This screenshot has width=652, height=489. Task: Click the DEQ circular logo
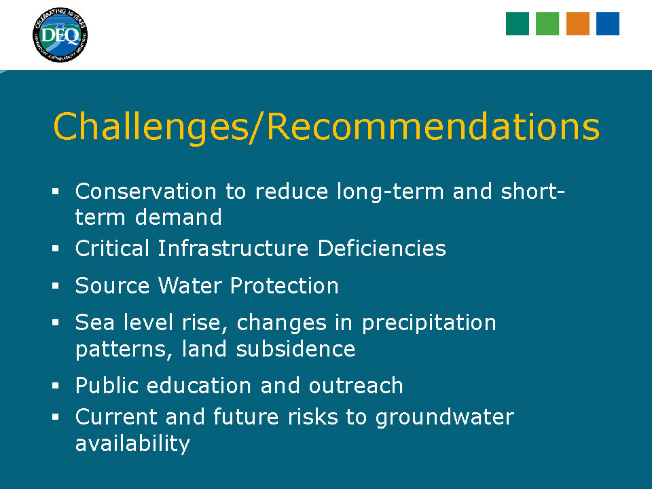pos(60,35)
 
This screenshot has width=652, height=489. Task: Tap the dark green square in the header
pos(518,24)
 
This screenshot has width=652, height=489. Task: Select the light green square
pos(547,24)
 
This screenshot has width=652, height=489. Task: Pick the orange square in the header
pos(577,24)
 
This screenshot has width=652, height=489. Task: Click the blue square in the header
pos(607,24)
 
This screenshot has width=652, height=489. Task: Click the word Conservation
pos(145,192)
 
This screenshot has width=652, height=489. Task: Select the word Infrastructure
pos(233,249)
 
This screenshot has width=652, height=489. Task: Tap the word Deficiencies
pos(382,249)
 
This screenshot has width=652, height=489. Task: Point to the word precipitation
pos(429,323)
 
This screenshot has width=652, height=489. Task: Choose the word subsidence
pos(295,348)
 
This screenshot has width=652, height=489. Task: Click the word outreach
pos(356,386)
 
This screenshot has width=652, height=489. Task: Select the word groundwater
pos(444,418)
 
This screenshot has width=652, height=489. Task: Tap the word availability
pos(132,443)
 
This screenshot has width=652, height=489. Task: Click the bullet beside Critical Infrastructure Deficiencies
pos(55,249)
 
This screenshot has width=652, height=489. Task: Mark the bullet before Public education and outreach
pos(55,386)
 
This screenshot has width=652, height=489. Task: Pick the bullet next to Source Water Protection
pos(55,286)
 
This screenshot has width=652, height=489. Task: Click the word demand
pos(179,217)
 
